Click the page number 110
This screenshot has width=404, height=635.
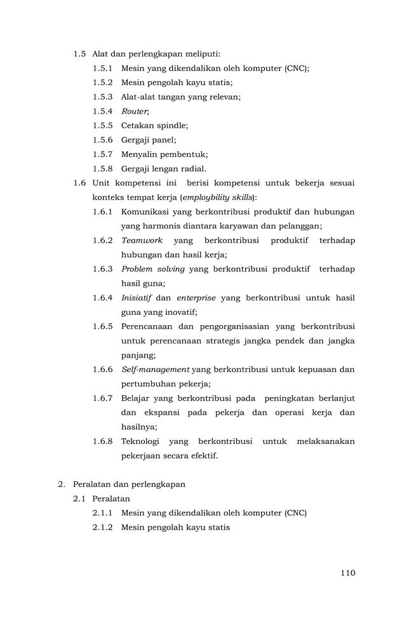347,573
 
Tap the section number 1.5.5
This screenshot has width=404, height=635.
102,126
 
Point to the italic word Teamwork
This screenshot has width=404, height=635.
142,240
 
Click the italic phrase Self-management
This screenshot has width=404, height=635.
155,369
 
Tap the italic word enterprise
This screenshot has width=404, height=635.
196,297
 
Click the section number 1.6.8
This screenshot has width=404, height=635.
102,441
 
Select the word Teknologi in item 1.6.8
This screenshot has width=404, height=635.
140,441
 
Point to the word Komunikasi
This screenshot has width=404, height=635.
145,211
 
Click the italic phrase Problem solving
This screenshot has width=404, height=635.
152,269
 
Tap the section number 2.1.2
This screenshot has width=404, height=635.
102,527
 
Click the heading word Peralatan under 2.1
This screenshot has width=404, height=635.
111,498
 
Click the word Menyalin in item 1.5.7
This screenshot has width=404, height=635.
138,154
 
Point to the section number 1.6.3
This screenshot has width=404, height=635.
102,269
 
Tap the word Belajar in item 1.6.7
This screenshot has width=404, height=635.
136,398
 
